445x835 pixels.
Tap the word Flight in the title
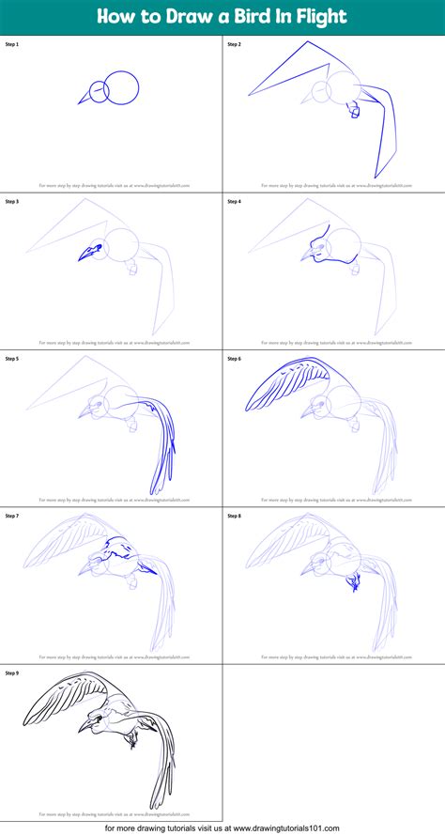320,16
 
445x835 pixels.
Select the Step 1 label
12,44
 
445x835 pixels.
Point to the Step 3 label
12,201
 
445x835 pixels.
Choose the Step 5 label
12,358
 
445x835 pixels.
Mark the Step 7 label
12,516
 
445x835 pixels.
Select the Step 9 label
12,673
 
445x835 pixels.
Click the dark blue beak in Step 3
89,252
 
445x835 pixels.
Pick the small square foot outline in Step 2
354,111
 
